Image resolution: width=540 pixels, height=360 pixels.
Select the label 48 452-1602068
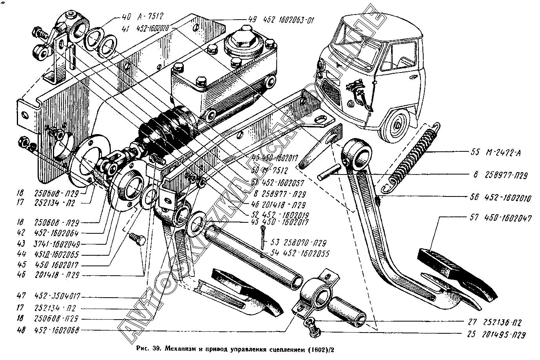pyautogui.click(x=49, y=330)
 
